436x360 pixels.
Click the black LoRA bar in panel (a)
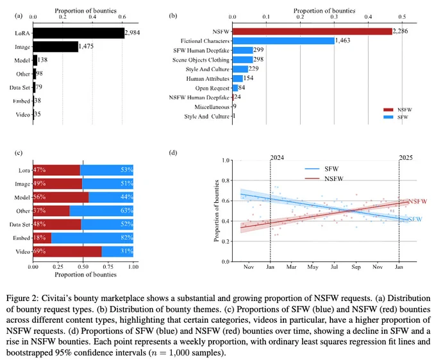coord(79,33)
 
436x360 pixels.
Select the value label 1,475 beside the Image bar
coord(86,46)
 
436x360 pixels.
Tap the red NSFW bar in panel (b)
coord(312,31)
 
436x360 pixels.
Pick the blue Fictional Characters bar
coord(283,41)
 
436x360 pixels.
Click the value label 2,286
coord(400,31)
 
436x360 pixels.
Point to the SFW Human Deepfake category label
coord(201,50)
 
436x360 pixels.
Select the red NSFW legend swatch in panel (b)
coord(389,110)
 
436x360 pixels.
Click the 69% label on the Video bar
coord(40,251)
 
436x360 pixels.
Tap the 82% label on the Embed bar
coord(126,237)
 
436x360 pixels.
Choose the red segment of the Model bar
coord(61,197)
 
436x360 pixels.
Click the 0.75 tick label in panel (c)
coord(108,267)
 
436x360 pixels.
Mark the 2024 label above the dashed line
coord(277,158)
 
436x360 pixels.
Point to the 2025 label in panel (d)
coord(406,158)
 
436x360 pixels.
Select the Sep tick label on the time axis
coord(356,267)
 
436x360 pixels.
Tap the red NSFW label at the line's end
coord(417,201)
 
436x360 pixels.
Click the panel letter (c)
coord(19,153)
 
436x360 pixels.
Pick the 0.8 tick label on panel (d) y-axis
coord(226,180)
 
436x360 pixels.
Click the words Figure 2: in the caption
coord(23,298)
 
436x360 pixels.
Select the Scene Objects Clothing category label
coord(201,60)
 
